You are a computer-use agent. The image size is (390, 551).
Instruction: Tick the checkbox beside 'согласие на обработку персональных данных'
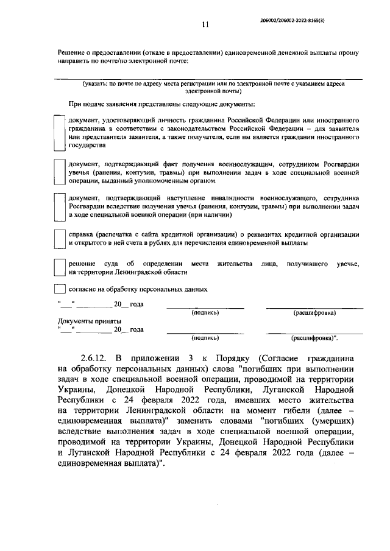(x=59, y=289)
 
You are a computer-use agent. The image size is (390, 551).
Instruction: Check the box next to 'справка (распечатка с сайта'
(x=59, y=239)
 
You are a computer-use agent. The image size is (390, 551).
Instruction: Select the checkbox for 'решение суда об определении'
(x=59, y=268)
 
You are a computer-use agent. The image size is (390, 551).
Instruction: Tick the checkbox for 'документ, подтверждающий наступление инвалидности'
(x=59, y=206)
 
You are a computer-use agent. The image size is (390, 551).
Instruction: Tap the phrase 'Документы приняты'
(x=89, y=321)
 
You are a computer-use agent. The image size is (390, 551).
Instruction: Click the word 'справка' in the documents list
(x=82, y=234)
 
